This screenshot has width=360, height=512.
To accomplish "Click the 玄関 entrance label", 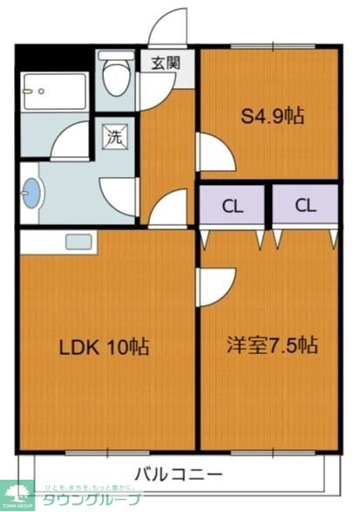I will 165,63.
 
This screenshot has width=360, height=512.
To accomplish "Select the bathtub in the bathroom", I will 54,92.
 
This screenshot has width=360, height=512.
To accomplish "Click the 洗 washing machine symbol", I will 115,136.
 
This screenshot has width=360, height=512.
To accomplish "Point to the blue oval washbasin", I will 31,193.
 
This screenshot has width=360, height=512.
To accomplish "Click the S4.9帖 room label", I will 271,116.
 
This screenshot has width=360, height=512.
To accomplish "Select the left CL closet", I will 231,207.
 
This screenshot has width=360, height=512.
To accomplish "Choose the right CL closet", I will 303,207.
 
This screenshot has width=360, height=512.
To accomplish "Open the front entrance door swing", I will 168,26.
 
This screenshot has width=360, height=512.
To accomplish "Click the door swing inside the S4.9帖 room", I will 214,153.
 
